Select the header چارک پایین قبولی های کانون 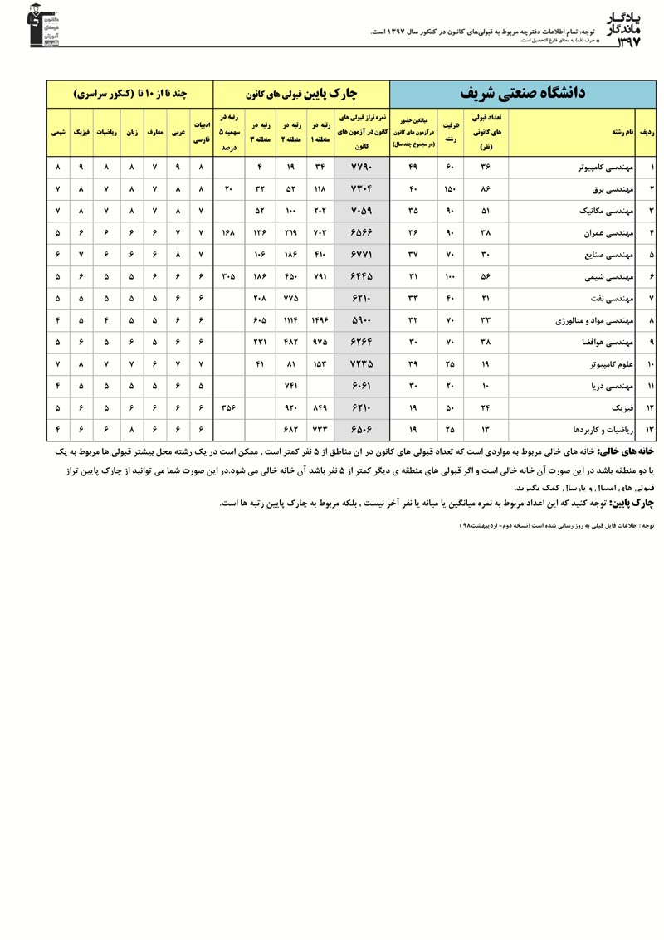(x=301, y=92)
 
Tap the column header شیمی (x=58, y=131)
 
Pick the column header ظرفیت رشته (x=449, y=131)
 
